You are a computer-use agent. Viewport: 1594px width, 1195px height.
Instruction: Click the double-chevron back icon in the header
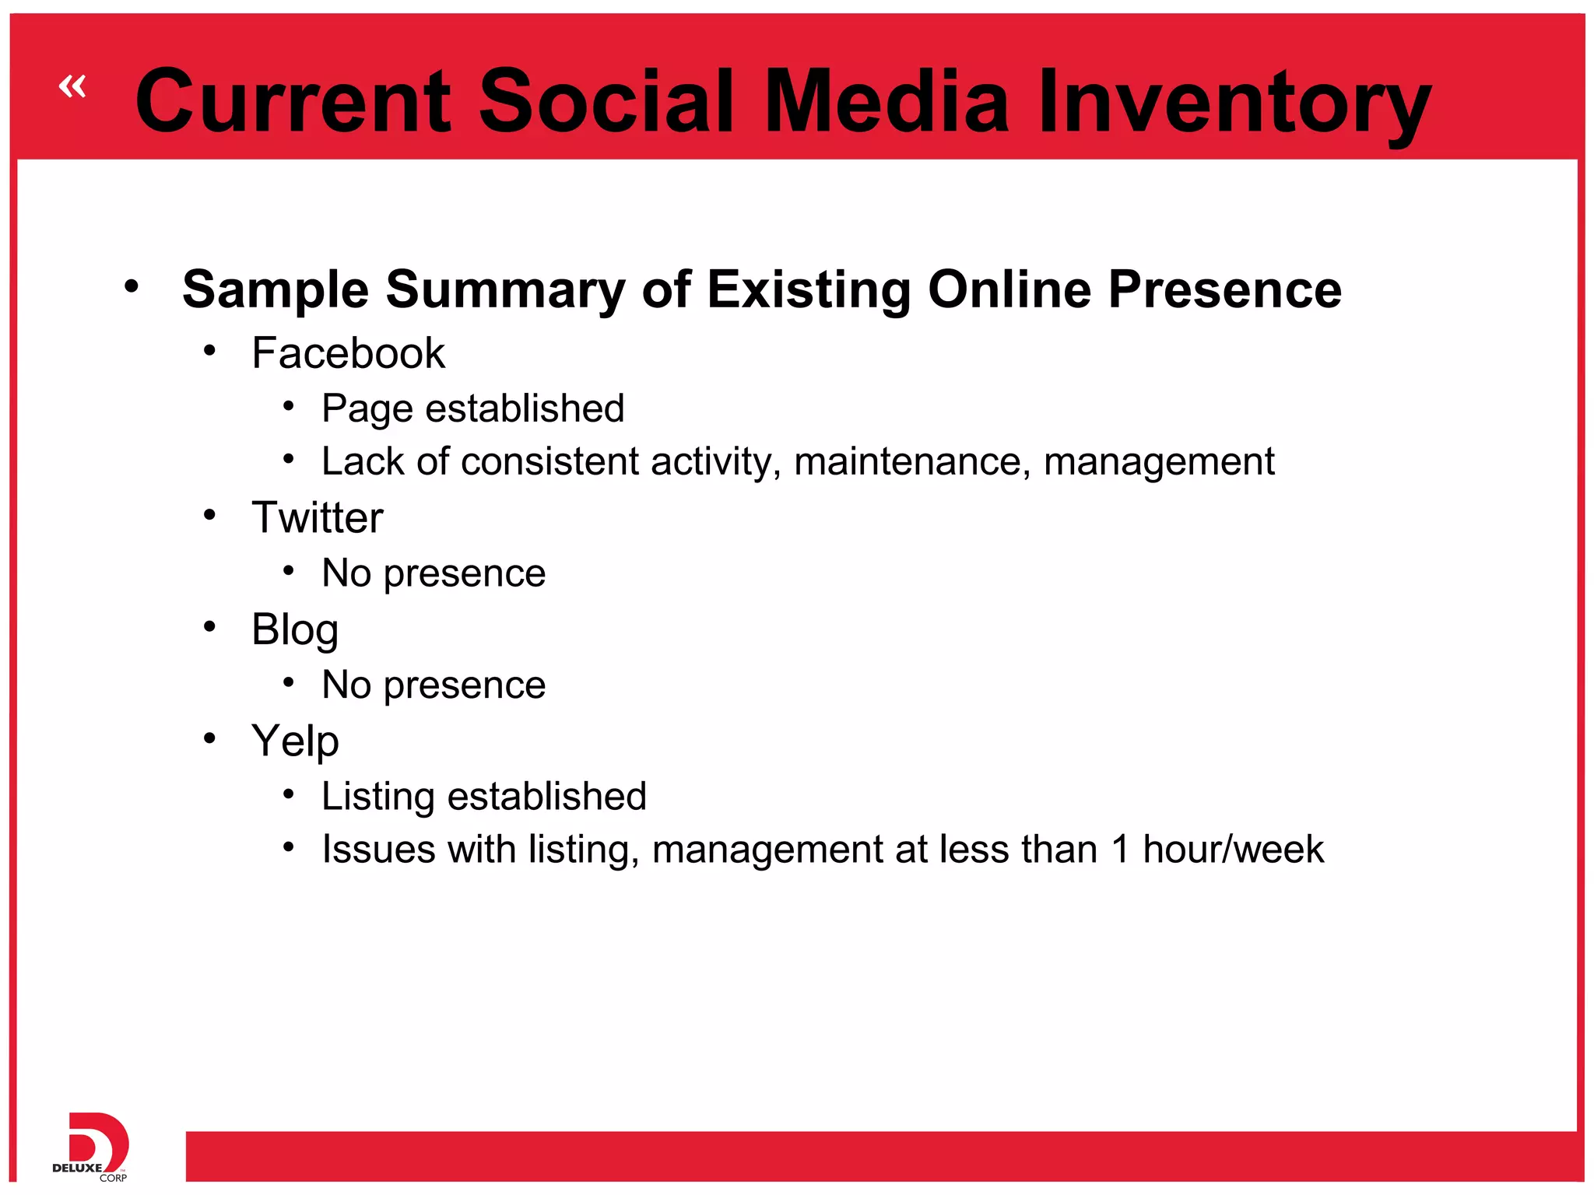(72, 86)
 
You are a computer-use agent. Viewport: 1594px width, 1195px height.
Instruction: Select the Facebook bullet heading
(348, 353)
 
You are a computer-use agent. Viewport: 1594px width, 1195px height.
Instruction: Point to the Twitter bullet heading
(317, 517)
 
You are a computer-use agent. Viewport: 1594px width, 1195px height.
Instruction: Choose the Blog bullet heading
(294, 629)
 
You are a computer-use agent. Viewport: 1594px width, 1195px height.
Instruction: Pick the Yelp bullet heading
(294, 741)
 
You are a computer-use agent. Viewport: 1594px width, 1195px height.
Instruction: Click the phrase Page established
(472, 408)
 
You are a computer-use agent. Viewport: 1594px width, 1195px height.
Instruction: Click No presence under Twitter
(434, 573)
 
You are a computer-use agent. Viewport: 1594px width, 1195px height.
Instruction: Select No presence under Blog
(434, 685)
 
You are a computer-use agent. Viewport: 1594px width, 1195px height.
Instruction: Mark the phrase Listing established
(483, 797)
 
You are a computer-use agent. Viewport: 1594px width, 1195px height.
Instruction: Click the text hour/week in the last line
(1233, 849)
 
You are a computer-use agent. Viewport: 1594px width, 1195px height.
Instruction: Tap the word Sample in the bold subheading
(276, 289)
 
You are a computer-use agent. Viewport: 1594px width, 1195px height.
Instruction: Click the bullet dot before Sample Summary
(132, 286)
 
